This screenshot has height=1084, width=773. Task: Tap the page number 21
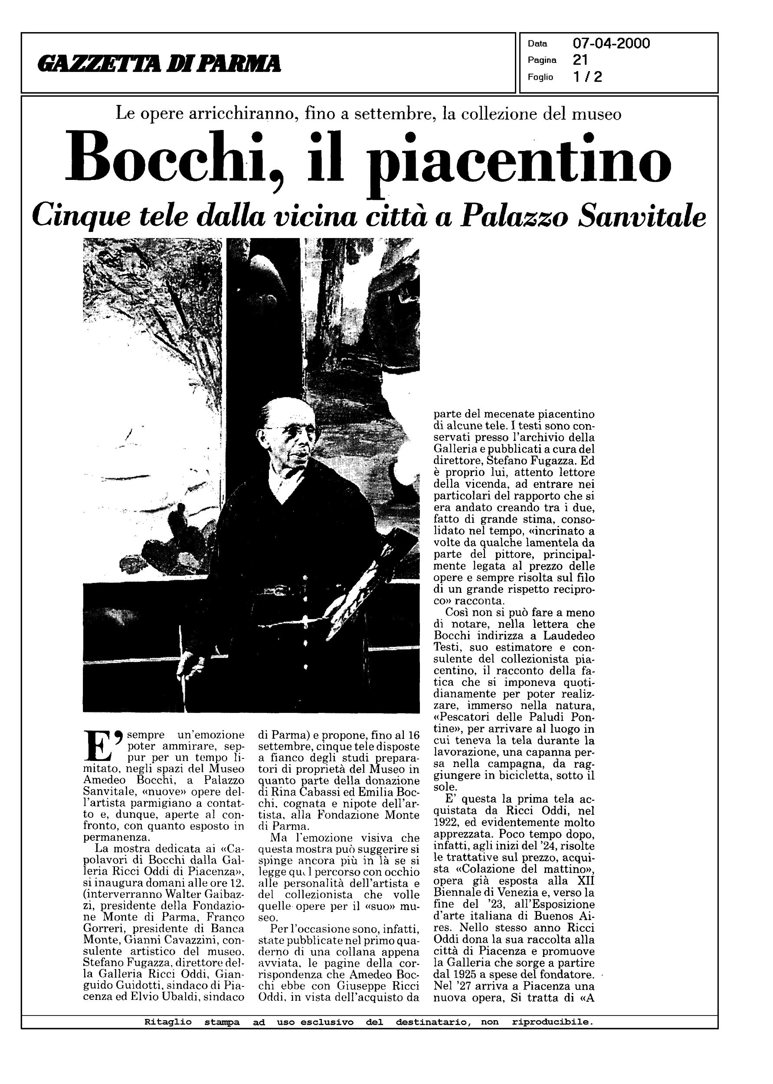click(x=580, y=60)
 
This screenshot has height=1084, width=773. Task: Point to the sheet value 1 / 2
click(x=588, y=77)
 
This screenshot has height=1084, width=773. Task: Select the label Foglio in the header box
click(x=540, y=77)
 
